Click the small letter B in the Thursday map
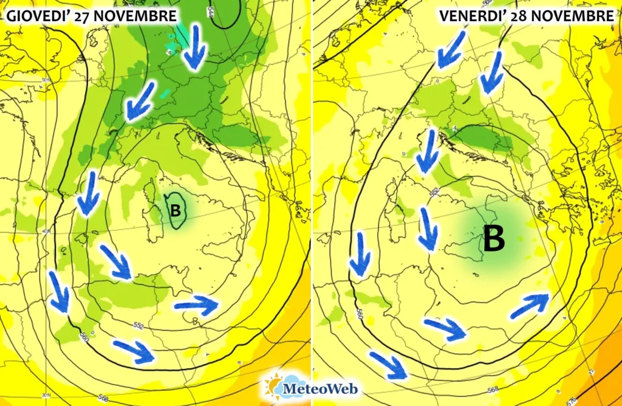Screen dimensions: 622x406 176,211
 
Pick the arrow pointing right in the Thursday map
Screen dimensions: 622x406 196,304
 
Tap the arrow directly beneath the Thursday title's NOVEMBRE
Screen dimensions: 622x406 194,47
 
